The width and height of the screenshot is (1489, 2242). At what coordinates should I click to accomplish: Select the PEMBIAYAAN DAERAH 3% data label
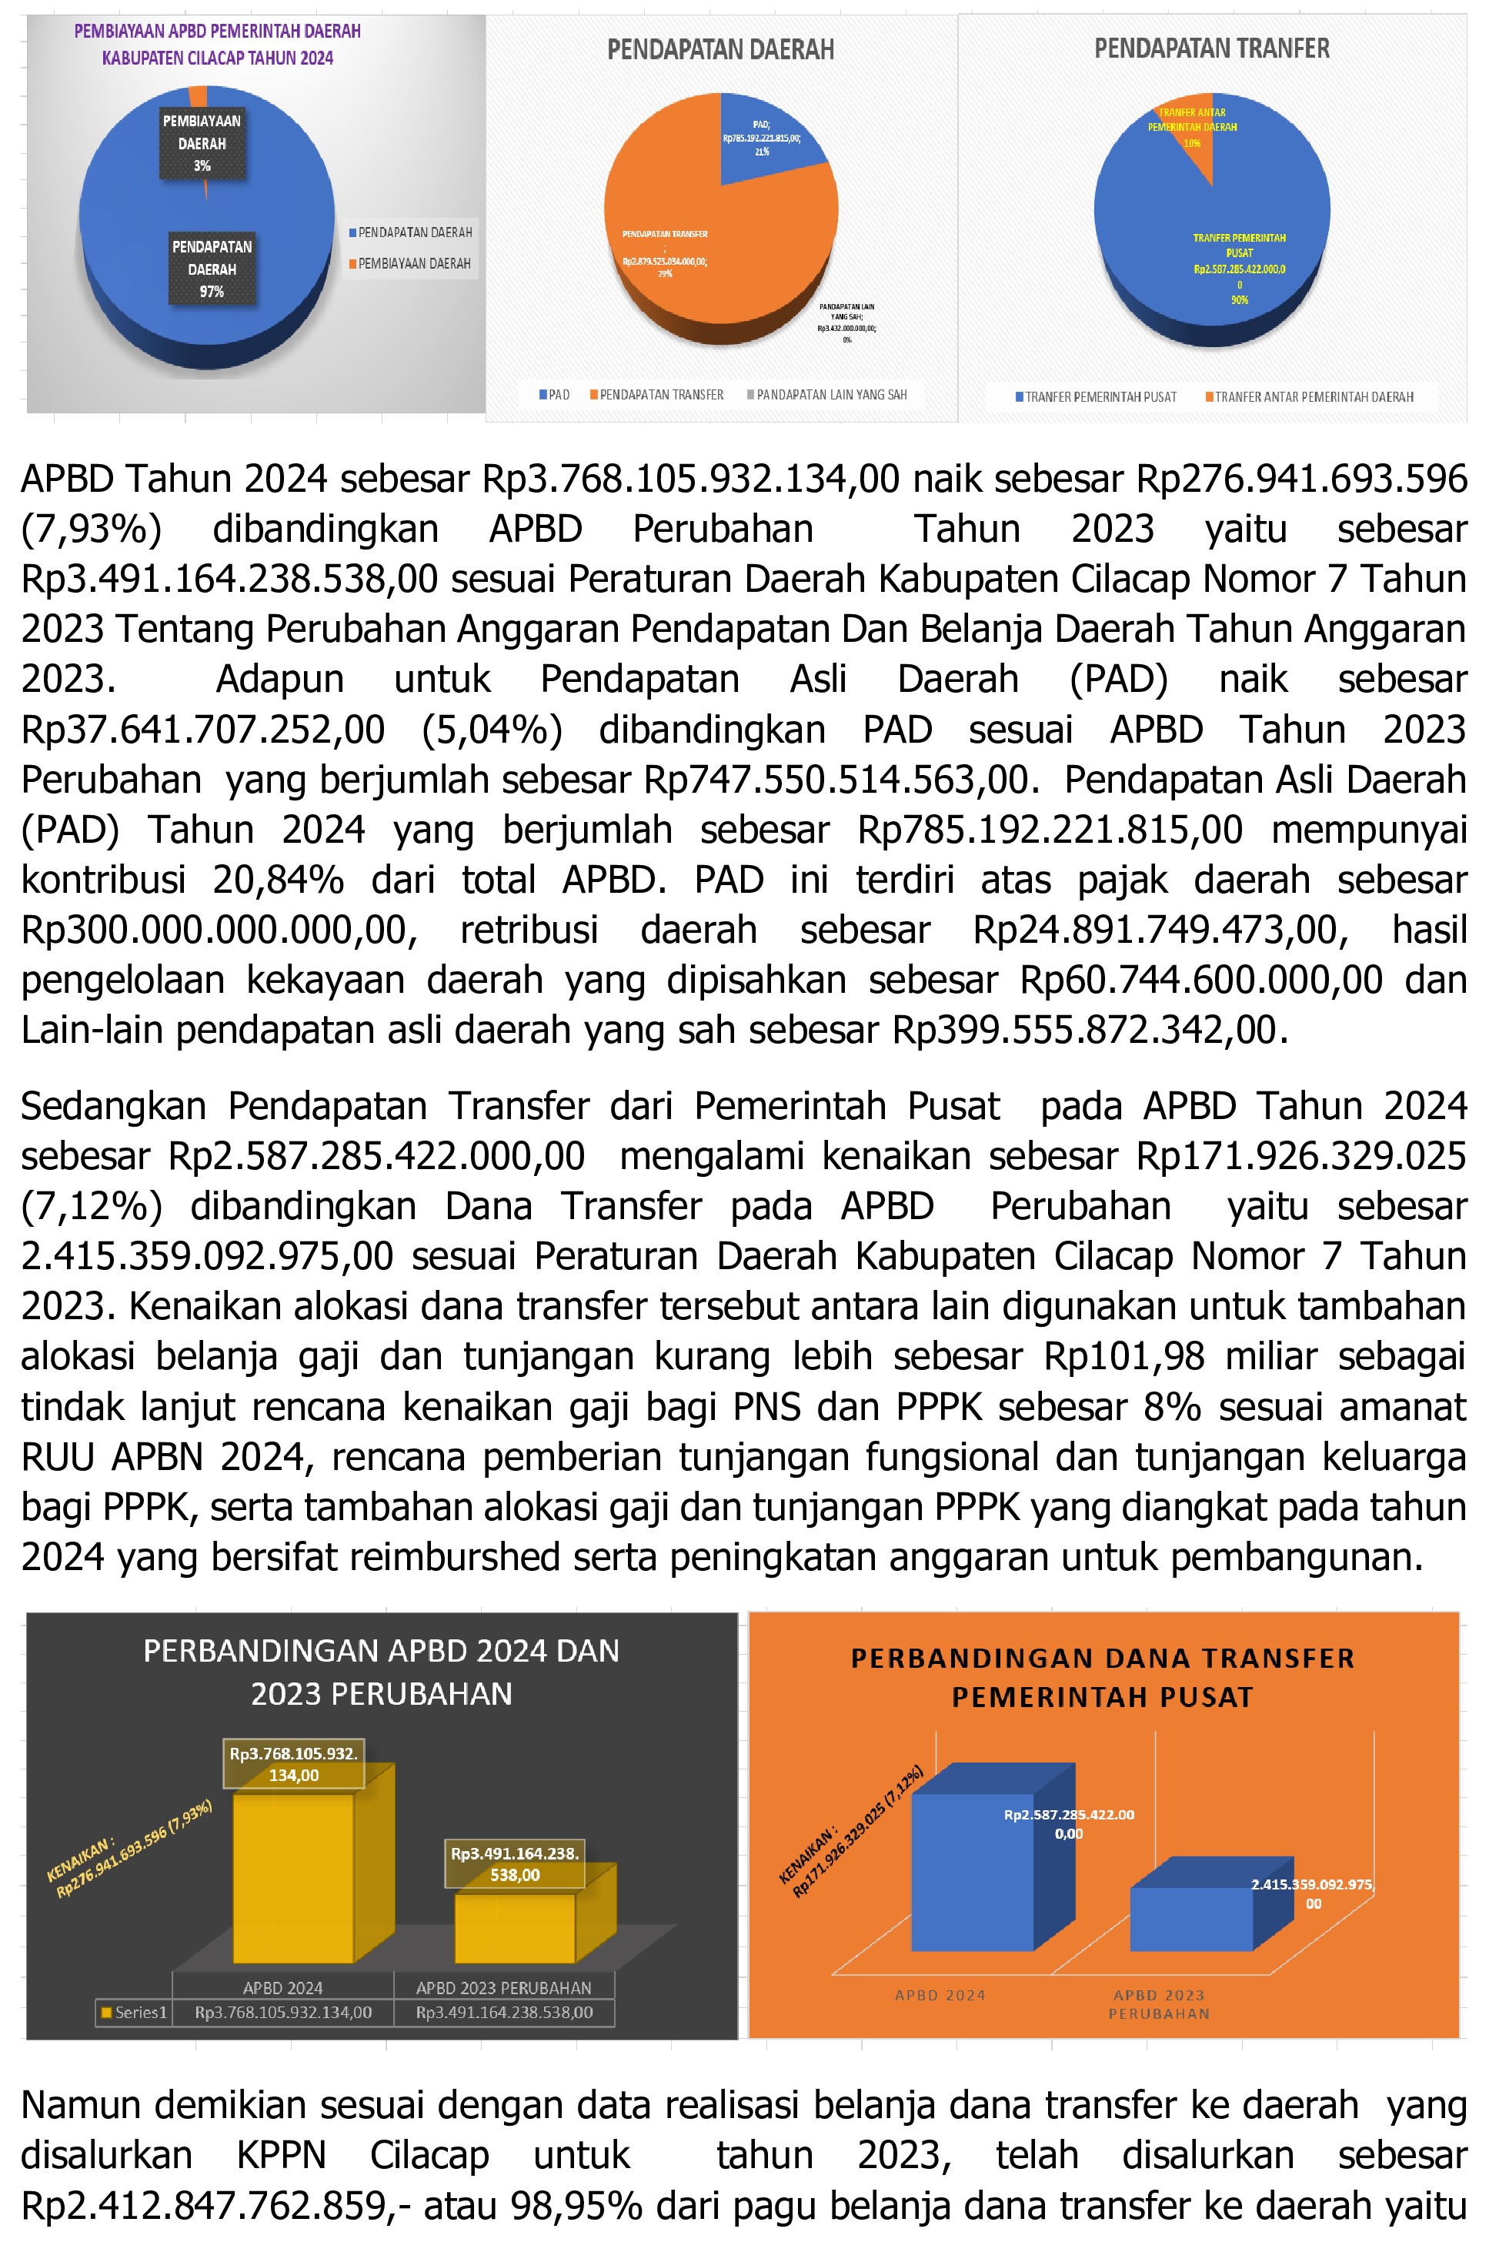coord(202,143)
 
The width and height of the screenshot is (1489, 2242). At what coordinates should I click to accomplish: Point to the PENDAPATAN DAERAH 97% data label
coord(212,269)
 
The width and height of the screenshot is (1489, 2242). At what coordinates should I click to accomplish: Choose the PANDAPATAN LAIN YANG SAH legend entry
coord(831,395)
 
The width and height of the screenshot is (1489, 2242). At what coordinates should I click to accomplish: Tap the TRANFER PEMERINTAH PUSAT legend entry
coord(1100,397)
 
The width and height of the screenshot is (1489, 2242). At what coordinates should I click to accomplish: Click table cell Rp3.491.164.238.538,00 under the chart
coord(504,2012)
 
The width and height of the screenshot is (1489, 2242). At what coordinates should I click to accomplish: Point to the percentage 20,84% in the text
coord(277,879)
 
